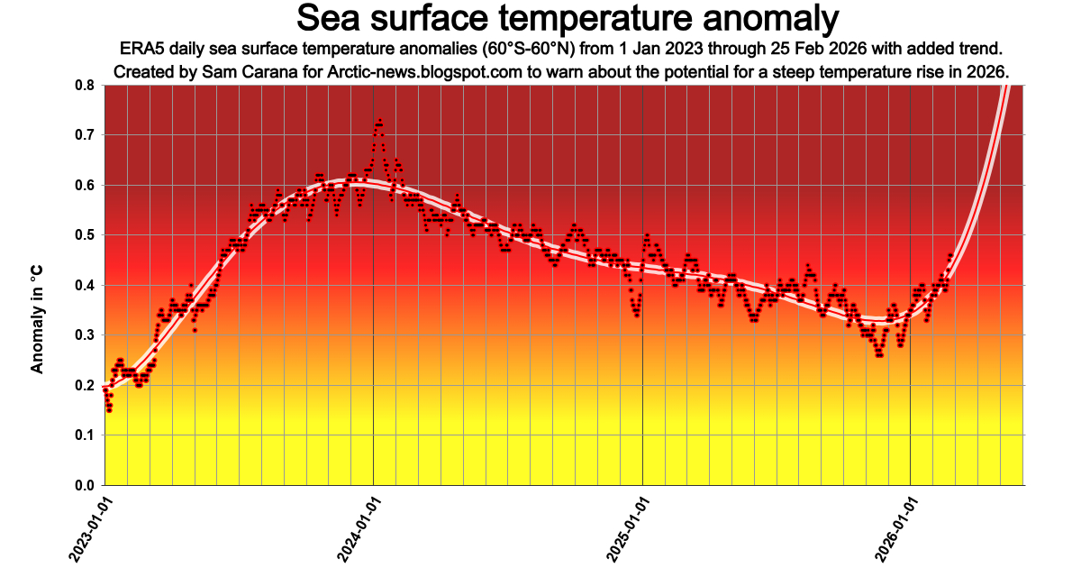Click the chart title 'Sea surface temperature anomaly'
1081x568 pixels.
click(x=568, y=18)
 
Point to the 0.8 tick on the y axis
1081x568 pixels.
click(x=86, y=85)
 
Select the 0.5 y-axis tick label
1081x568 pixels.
click(x=86, y=235)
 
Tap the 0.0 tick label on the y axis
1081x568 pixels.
click(x=86, y=486)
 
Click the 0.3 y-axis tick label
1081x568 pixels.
click(x=86, y=335)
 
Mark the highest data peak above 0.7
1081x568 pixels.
click(x=380, y=120)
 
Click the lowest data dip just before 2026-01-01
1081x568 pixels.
click(x=879, y=354)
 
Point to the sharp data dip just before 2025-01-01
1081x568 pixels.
click(x=638, y=315)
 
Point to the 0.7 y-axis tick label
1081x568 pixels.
click(x=86, y=135)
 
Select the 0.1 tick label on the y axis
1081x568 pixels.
click(x=86, y=435)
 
